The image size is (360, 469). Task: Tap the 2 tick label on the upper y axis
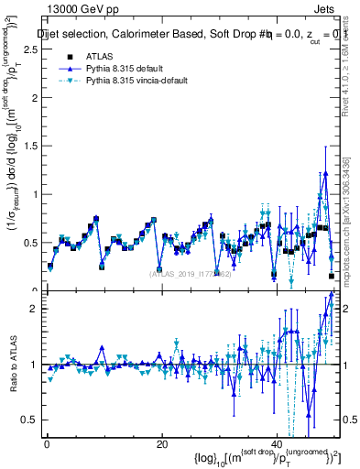tap(35, 98)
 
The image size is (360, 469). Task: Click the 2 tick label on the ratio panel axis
tap(35, 309)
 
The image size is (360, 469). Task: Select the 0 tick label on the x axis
tap(47, 444)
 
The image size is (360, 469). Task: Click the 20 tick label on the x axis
tap(161, 444)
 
